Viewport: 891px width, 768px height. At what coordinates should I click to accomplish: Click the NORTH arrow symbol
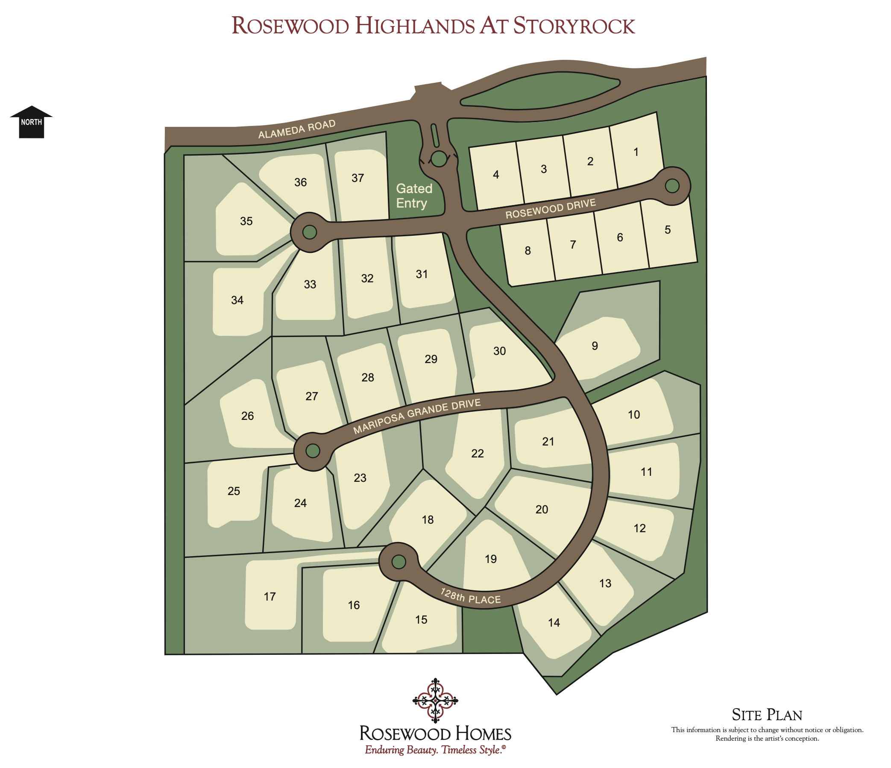pos(31,122)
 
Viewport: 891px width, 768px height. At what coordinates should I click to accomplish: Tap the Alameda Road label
pos(296,129)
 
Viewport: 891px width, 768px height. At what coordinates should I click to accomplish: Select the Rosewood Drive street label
pos(551,208)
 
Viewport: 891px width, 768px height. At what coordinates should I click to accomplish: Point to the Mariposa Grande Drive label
pos(417,416)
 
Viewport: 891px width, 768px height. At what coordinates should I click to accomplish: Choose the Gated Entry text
pos(413,196)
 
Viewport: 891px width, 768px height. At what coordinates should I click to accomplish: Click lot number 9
pos(595,346)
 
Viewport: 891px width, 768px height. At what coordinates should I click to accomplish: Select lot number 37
pos(358,178)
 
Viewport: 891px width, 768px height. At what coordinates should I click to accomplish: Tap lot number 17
pos(270,596)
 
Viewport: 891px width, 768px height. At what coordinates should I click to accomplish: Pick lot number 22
pos(478,453)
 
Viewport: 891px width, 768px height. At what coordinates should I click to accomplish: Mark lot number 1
pos(636,152)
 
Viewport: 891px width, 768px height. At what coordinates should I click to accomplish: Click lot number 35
pos(246,221)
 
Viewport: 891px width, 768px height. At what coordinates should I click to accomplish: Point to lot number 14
pos(554,622)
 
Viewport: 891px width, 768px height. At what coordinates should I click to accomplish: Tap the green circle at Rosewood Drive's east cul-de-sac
pos(672,186)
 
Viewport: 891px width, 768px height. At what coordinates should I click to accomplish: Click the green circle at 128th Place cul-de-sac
pos(399,562)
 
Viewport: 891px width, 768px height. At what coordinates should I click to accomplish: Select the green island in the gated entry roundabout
pos(439,158)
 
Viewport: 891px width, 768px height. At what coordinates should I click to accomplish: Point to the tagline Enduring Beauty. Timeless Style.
pos(435,750)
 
